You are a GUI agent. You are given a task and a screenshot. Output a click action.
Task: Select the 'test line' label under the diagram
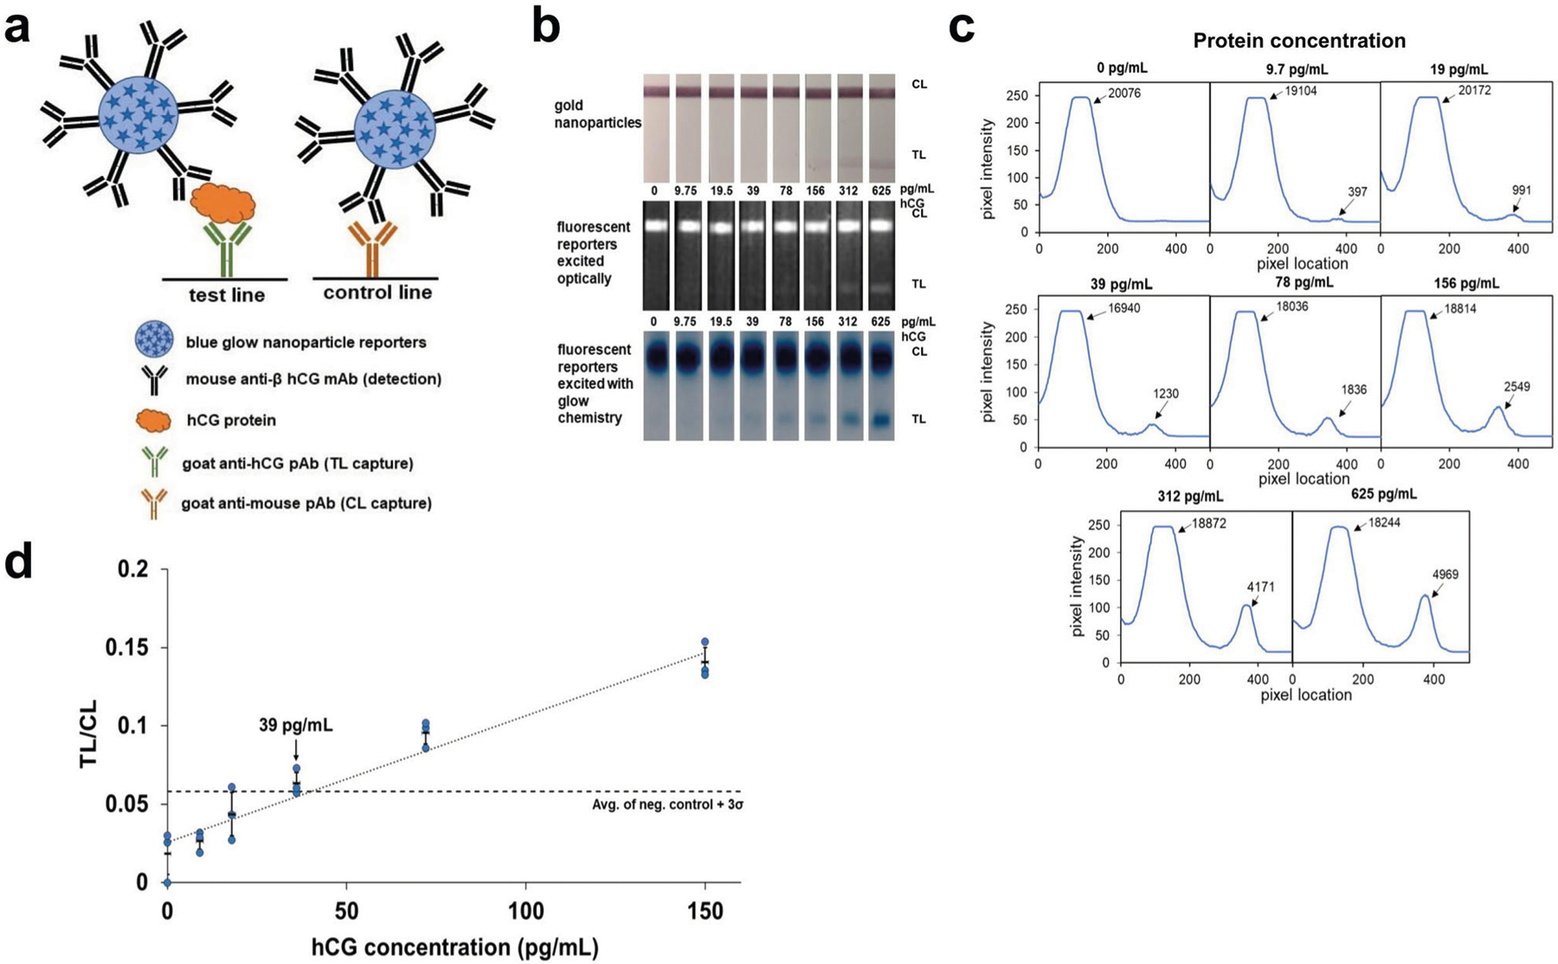click(x=227, y=295)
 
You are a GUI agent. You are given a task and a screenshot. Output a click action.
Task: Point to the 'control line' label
click(x=377, y=293)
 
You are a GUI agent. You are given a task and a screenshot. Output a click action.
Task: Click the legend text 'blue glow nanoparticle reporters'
click(x=306, y=342)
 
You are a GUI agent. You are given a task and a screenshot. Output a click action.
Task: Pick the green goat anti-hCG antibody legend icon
click(x=154, y=463)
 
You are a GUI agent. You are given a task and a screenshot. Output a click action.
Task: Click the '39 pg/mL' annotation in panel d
click(x=296, y=726)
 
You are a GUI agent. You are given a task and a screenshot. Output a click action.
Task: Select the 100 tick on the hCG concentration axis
click(x=526, y=911)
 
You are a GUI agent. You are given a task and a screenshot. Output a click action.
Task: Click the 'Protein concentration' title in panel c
click(x=1298, y=41)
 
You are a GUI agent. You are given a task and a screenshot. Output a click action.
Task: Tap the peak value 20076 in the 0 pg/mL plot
click(x=1124, y=94)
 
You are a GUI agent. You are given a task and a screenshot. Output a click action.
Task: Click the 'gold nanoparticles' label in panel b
click(x=597, y=114)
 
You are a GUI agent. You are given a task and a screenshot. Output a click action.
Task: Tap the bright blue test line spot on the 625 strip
click(x=881, y=420)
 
